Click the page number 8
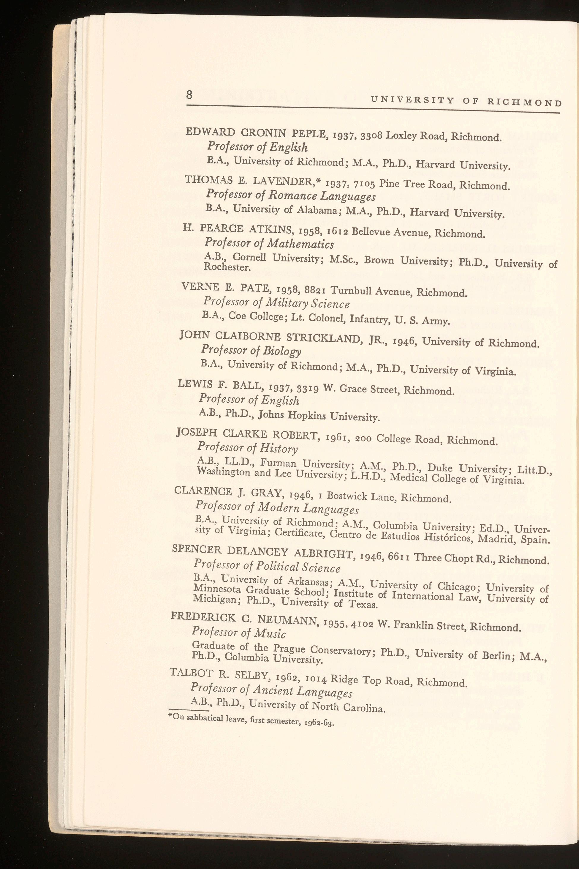tap(189, 95)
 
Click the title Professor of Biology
tap(251, 350)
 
